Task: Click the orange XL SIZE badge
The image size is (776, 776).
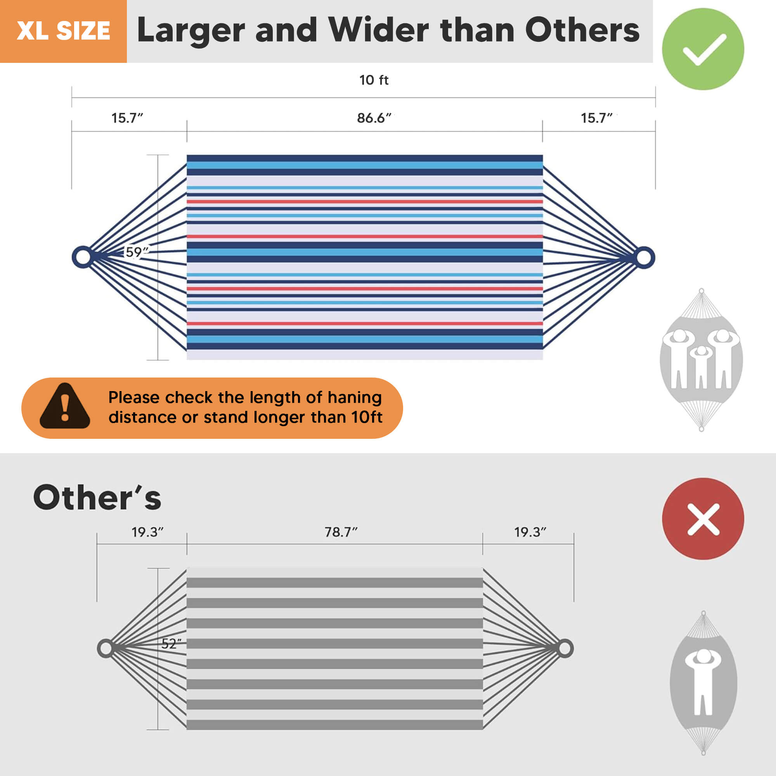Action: (x=64, y=31)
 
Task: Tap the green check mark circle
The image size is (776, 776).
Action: (x=703, y=49)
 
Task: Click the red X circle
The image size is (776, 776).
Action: (x=703, y=518)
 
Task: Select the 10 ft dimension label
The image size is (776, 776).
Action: (x=374, y=80)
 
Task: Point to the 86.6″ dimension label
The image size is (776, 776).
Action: (x=374, y=118)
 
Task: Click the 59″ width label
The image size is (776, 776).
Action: (x=137, y=252)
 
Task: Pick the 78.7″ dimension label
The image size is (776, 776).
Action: (x=341, y=532)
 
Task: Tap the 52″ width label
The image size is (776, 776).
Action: (x=171, y=644)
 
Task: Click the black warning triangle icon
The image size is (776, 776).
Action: (x=65, y=406)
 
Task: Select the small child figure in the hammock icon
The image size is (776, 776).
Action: (x=701, y=366)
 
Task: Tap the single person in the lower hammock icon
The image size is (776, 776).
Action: (x=703, y=682)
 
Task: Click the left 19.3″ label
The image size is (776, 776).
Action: (x=147, y=532)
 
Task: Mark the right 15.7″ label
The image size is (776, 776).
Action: (x=596, y=118)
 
